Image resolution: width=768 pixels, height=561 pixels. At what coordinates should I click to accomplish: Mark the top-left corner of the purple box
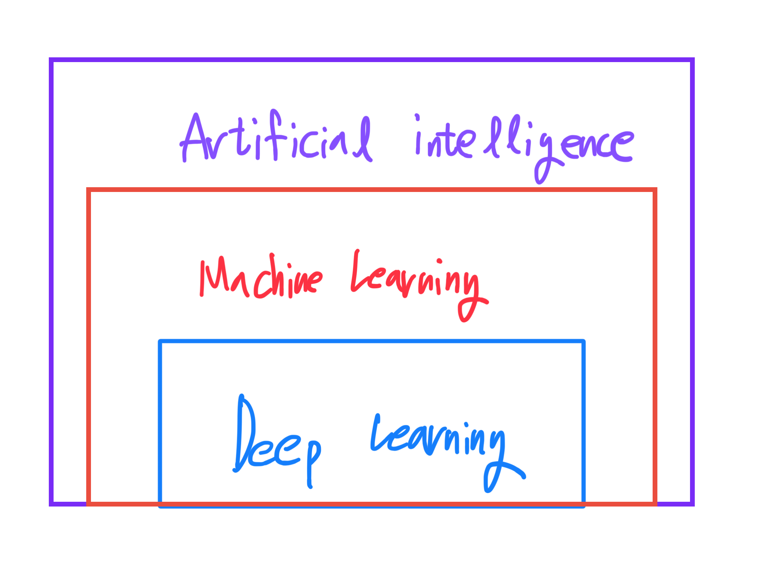51,60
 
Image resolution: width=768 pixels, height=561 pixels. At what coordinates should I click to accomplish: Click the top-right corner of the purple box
692,60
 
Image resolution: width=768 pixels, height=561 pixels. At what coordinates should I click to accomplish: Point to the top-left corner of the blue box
160,341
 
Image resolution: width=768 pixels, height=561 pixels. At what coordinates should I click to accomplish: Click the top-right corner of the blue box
583,341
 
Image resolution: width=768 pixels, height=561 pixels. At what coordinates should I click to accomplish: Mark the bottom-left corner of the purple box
51,504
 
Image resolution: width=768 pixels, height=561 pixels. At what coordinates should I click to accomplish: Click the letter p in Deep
313,458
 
